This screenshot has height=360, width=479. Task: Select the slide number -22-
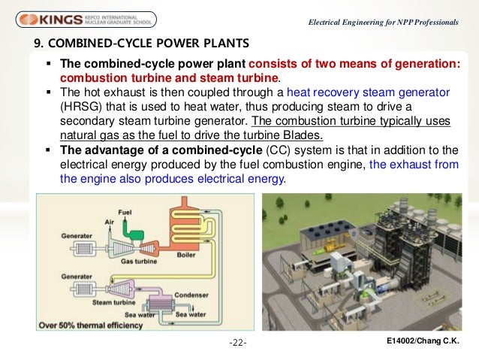pyautogui.click(x=239, y=344)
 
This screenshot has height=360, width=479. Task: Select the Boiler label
pyautogui.click(x=186, y=256)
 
